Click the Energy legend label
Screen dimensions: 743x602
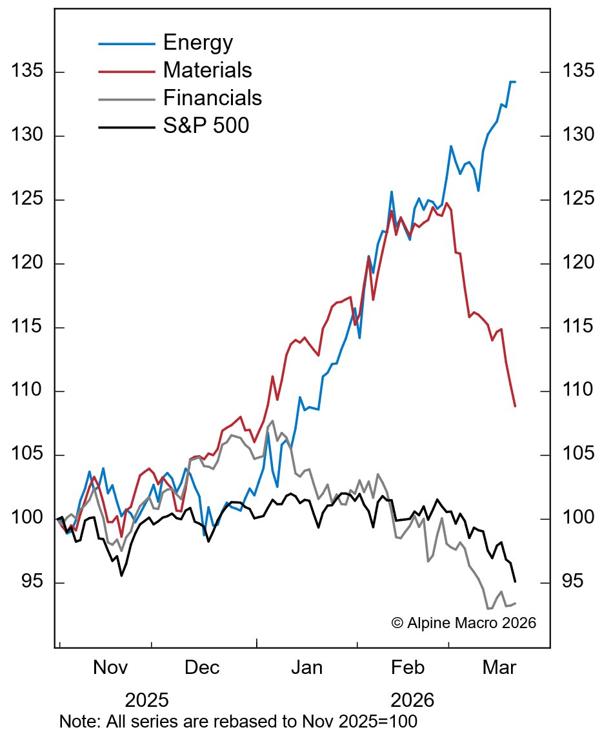(197, 43)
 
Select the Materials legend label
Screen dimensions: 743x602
(207, 70)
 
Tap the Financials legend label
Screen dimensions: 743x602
(212, 97)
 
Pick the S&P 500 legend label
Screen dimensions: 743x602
(206, 125)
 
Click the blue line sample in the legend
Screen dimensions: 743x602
(126, 44)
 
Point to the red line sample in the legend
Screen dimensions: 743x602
(126, 71)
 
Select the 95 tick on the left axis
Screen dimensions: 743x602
(32, 582)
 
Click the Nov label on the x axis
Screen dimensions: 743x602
(110, 667)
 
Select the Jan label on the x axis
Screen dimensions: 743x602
(306, 667)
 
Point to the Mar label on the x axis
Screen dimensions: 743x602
(499, 667)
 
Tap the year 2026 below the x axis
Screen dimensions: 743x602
(412, 700)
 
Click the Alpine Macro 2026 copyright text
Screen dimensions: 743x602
(463, 623)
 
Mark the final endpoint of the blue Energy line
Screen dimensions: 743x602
(515, 82)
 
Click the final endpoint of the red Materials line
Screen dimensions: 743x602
(515, 406)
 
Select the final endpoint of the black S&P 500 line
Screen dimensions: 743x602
(515, 582)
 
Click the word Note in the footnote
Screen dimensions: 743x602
(76, 721)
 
